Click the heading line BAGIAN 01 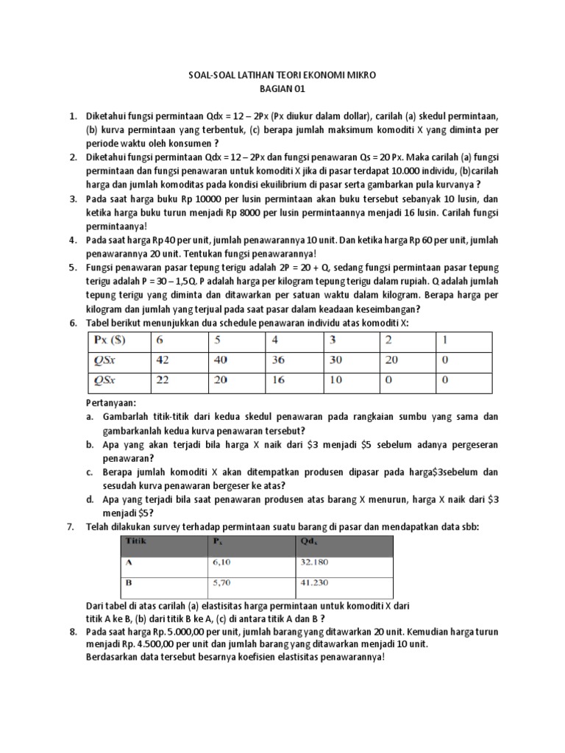[282, 89]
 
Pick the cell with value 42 [163, 360]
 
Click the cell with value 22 [163, 380]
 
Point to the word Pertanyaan [111, 404]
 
